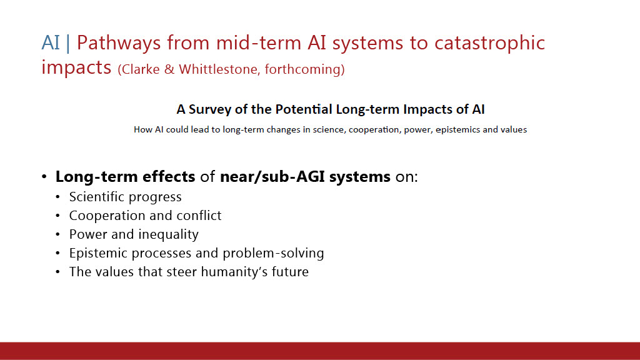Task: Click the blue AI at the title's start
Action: point(51,42)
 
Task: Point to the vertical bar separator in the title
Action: point(67,43)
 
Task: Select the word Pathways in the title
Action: point(119,43)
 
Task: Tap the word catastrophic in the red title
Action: point(489,43)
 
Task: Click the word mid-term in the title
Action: point(259,42)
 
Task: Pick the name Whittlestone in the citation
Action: point(219,69)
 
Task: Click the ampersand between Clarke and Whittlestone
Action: point(169,69)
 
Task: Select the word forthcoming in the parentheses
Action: point(302,69)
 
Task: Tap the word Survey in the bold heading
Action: point(204,110)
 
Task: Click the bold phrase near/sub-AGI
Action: point(272,177)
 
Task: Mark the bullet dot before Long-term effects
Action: point(44,176)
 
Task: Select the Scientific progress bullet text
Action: point(125,197)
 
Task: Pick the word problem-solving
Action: point(273,254)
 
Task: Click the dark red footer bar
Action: point(320,351)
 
